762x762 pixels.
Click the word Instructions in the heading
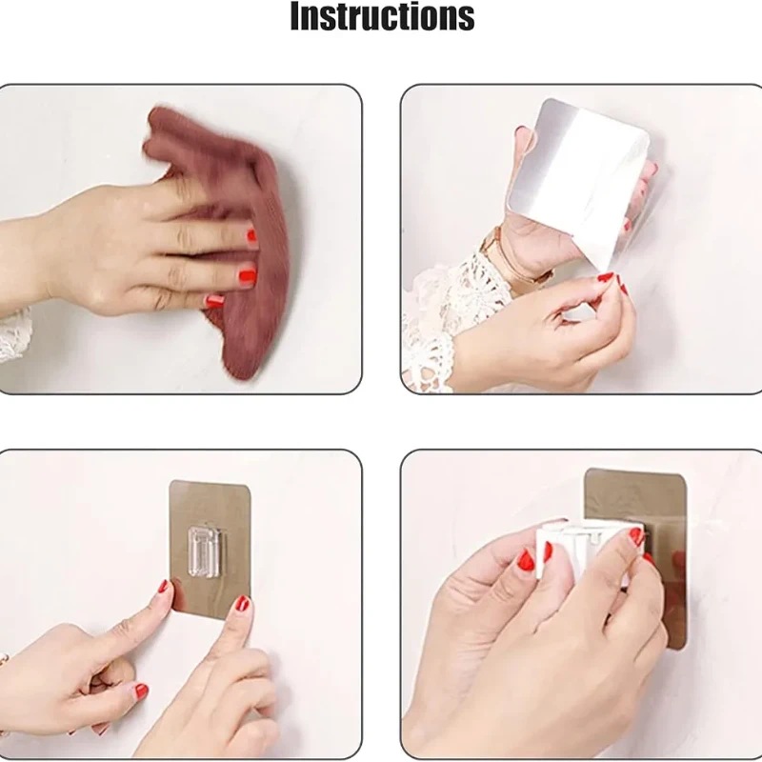click(382, 16)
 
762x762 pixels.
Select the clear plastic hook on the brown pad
click(204, 552)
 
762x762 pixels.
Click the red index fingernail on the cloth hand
click(251, 236)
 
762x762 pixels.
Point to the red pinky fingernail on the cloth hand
click(213, 302)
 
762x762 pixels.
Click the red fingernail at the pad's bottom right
click(243, 604)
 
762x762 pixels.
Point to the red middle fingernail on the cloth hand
click(248, 275)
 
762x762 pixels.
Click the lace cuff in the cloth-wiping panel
click(13, 335)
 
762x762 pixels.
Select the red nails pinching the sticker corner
click(613, 282)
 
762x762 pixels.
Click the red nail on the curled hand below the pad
click(141, 691)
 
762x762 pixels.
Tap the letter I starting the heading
click(295, 16)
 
